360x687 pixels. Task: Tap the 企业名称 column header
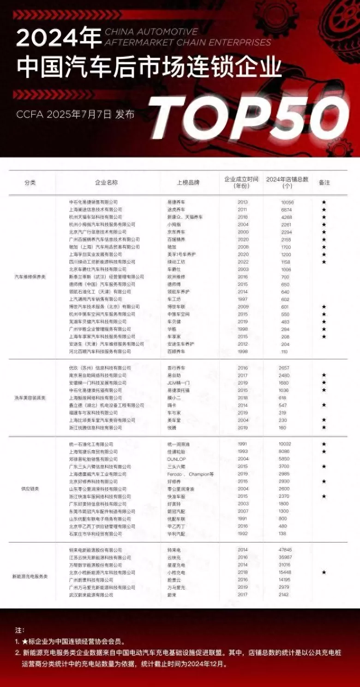[x=106, y=182]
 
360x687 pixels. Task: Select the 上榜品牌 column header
[x=188, y=182]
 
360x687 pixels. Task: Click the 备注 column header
[x=324, y=182]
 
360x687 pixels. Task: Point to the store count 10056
[x=287, y=202]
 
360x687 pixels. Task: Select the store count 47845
[x=286, y=550]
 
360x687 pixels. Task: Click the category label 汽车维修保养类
[x=30, y=277]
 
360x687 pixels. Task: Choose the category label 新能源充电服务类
[x=30, y=577]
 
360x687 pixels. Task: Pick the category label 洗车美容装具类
[x=30, y=398]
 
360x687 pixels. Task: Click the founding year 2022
[x=243, y=262]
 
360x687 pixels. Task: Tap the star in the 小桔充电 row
[x=324, y=572]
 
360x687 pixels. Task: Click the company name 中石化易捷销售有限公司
[x=93, y=202]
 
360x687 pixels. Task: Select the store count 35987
[x=286, y=558]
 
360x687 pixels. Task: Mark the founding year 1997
[x=243, y=299]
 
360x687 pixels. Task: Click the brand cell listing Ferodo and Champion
[x=190, y=474]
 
